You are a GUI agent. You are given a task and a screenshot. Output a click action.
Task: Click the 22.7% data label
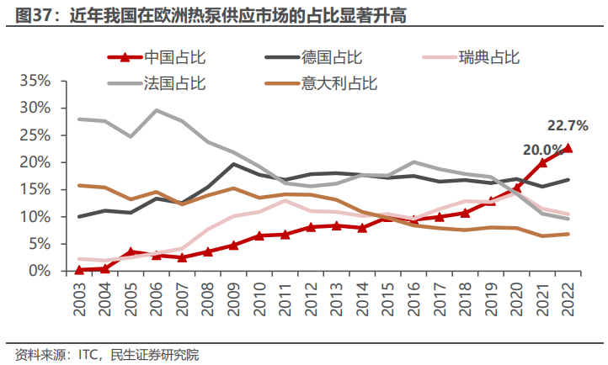[568, 126]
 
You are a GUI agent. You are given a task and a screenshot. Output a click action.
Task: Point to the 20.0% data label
[543, 150]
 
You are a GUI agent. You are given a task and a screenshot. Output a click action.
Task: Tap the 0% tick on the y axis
[40, 271]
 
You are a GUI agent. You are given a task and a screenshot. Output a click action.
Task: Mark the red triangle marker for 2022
[568, 148]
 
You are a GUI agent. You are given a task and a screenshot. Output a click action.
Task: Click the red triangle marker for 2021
[543, 162]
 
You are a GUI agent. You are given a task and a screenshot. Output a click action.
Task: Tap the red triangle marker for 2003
[80, 270]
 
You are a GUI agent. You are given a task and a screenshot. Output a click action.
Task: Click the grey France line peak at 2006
[157, 110]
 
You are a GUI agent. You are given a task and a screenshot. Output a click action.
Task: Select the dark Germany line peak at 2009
[234, 164]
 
